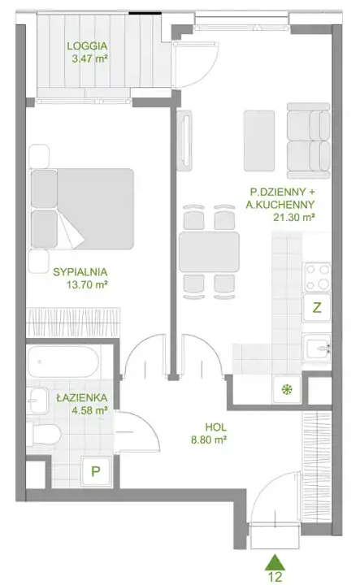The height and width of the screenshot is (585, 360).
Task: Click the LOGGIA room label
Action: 87,46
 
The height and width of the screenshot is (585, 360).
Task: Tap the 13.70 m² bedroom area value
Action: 87,285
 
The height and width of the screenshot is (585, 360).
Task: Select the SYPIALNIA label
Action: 80,272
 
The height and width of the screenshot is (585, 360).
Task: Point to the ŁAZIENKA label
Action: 82,397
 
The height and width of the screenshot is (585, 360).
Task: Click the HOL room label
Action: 215,427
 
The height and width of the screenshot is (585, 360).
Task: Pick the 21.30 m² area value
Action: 293,217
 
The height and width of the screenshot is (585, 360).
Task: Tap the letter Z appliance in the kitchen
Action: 317,308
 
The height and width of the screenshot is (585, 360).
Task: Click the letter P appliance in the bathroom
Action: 96,471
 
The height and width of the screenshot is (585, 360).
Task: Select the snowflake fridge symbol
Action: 287,390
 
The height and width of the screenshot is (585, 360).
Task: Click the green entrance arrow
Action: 275,562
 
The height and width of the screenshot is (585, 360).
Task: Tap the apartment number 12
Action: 275,577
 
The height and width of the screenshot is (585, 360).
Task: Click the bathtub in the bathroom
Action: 64,362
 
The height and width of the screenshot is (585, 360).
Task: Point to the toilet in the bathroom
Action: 44,434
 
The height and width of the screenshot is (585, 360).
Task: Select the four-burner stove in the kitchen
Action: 318,277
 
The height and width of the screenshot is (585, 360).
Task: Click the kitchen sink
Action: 316,349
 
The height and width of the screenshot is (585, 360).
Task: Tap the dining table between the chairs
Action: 209,252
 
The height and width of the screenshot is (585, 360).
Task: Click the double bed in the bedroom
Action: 82,209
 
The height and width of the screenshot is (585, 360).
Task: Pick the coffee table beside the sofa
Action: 259,141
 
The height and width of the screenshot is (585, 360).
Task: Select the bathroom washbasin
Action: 37,401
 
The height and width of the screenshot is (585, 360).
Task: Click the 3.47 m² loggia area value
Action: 90,58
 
